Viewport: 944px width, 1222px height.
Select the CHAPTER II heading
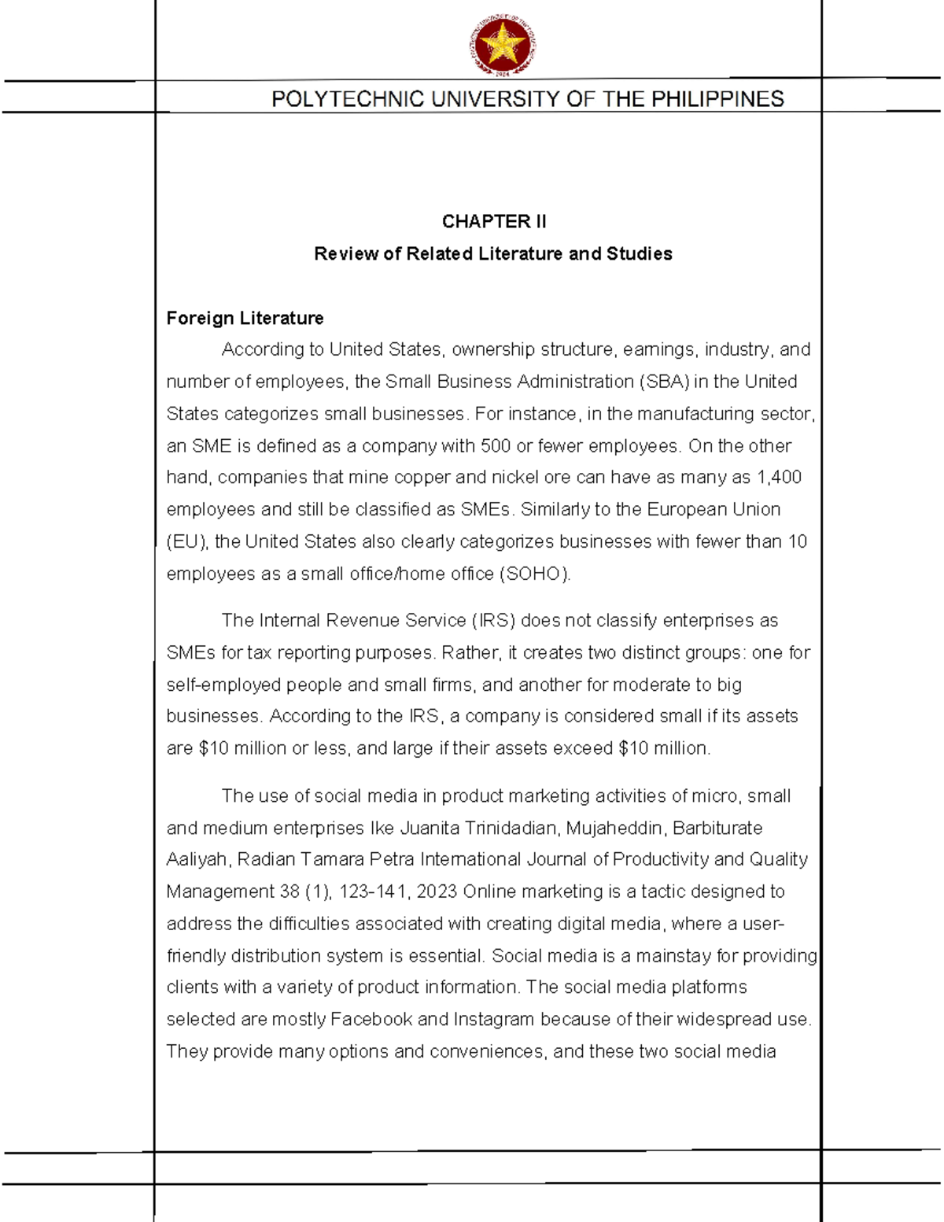[x=493, y=222]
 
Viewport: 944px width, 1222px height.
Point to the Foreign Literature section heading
[x=245, y=318]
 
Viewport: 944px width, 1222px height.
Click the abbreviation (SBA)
[x=664, y=382]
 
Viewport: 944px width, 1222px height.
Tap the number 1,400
[x=778, y=478]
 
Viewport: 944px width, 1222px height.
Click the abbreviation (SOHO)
[x=535, y=574]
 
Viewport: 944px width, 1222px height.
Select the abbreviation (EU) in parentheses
[x=186, y=542]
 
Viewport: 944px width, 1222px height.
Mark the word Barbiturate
[x=717, y=829]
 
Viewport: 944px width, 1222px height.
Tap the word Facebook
[x=371, y=1020]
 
